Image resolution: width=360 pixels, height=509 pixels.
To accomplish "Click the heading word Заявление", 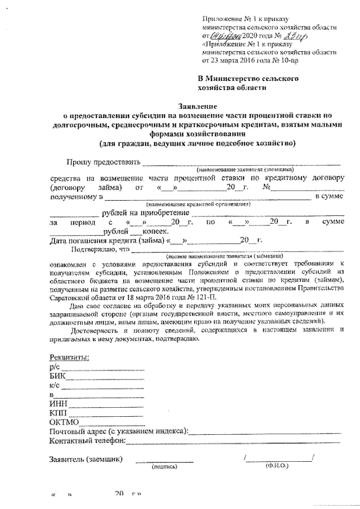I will click(197, 105).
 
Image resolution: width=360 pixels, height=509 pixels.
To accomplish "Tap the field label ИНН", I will click(59, 403).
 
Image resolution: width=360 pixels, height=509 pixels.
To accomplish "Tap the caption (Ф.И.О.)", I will click(276, 466).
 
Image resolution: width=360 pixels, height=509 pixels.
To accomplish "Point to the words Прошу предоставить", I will click(103, 163).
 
